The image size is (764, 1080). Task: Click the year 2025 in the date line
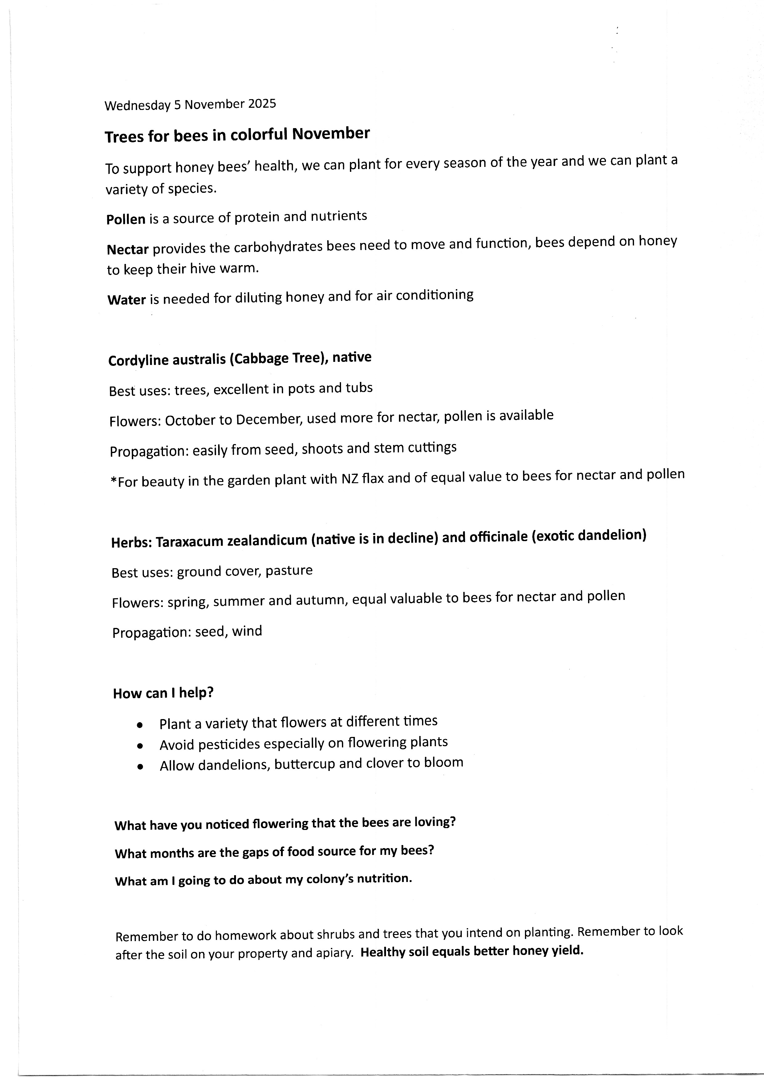point(262,103)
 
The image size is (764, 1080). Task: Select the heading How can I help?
point(163,693)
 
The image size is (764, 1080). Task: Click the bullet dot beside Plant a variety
point(140,725)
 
